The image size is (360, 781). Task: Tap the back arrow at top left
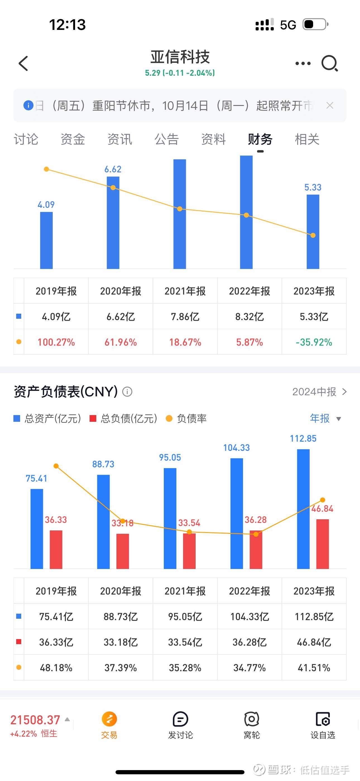[x=23, y=63]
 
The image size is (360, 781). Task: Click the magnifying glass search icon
[x=329, y=63]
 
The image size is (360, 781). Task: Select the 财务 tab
[x=260, y=139]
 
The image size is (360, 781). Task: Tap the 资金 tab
[x=73, y=139]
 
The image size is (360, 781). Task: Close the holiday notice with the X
[x=330, y=106]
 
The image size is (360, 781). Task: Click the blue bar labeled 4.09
[x=46, y=240]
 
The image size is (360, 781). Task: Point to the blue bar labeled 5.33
[x=313, y=232]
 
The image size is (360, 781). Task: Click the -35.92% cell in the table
[x=314, y=342]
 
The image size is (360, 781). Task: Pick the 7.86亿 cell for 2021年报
[x=185, y=317]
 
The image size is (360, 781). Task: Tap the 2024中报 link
[x=319, y=392]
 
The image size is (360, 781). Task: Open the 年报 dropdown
[x=325, y=418]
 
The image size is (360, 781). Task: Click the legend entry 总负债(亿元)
[x=124, y=419]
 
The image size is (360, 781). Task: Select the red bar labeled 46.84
[x=322, y=544]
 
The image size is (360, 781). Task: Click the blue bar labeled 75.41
[x=37, y=529]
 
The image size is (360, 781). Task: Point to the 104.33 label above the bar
[x=236, y=448]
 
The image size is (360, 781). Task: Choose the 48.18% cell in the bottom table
[x=56, y=668]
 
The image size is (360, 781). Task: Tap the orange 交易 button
[x=109, y=725]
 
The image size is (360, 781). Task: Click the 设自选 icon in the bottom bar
[x=323, y=725]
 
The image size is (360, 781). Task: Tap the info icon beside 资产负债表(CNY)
[x=127, y=392]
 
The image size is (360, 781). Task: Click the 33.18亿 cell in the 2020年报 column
[x=121, y=642]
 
